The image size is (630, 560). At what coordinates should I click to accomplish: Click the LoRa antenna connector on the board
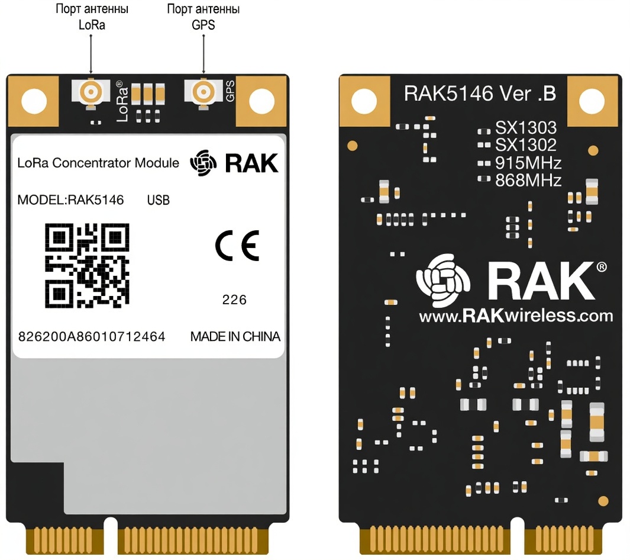pos(91,92)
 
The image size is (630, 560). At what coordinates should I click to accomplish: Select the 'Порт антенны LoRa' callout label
pos(91,17)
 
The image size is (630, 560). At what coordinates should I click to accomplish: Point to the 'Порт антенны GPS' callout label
pos(203,17)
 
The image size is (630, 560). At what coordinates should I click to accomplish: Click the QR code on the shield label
pos(88,265)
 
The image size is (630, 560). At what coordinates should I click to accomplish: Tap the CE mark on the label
pos(237,246)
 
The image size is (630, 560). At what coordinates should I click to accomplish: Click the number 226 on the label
pos(234,300)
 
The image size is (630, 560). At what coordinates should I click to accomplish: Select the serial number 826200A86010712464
pos(92,337)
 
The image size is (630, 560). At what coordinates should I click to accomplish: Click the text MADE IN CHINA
pos(235,337)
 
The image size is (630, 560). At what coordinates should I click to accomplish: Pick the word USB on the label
pos(158,201)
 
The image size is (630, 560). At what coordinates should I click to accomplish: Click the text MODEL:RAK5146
pos(71,200)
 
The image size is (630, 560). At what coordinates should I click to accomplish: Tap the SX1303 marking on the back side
pos(525,128)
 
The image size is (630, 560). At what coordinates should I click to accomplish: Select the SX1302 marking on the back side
pos(525,145)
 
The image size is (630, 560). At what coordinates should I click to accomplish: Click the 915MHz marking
pos(528,163)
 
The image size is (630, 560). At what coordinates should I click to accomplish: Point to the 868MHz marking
pos(528,181)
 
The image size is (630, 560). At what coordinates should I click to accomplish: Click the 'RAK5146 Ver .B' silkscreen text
pos(479,94)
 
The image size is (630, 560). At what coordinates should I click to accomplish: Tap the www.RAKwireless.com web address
pos(516,316)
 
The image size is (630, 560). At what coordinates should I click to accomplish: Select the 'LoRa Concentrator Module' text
pos(98,163)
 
